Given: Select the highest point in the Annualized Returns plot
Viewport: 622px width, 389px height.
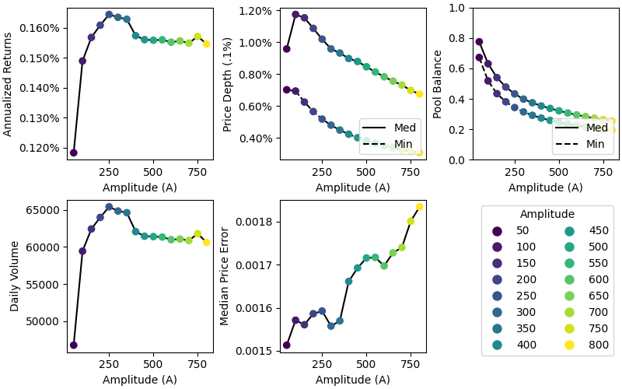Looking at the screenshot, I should coord(109,15).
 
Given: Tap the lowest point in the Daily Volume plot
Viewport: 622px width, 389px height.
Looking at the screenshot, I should coord(73,345).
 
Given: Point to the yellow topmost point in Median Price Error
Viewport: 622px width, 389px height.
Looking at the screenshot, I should coord(419,207).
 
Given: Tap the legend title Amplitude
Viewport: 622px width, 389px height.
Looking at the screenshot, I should coord(547,214).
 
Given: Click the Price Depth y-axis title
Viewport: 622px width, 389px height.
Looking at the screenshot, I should coord(228,83).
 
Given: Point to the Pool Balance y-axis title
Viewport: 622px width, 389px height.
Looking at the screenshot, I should coord(438,83).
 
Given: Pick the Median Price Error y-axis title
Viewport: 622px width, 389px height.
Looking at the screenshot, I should coord(225,275).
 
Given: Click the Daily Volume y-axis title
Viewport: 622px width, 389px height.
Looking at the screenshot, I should coord(15,275).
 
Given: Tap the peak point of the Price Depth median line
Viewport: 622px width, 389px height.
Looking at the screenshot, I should coord(295,15).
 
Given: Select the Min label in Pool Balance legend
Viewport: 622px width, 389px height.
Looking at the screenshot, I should coord(595,144).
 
